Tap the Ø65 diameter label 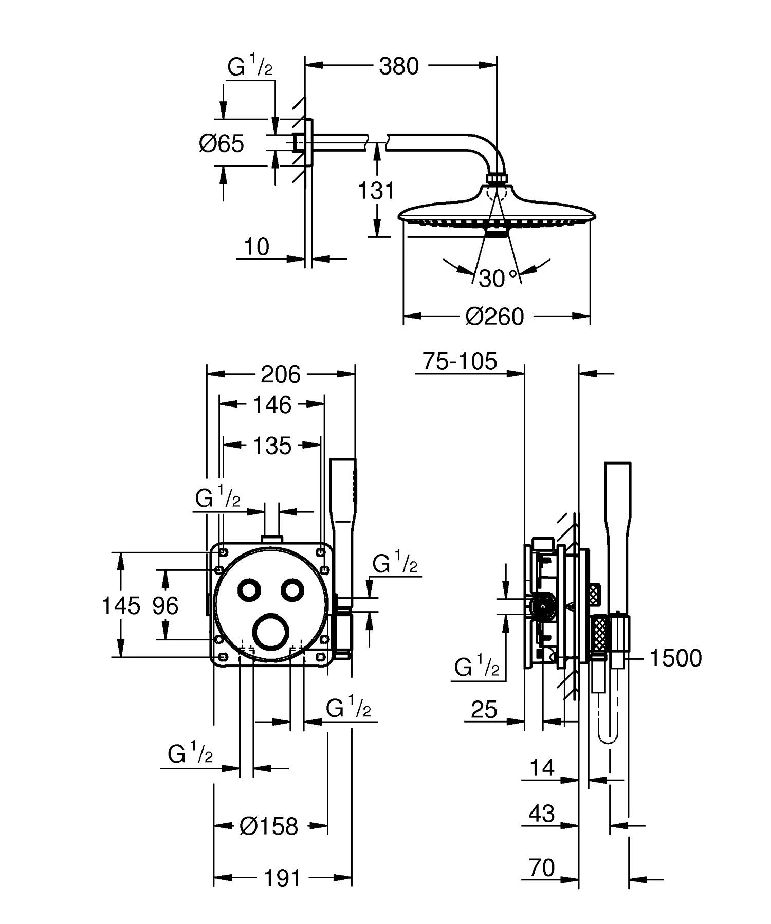coord(222,143)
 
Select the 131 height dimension coord(377,191)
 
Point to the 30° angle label coord(497,278)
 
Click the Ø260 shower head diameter coord(494,317)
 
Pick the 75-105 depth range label coord(460,361)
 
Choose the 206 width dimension coord(280,375)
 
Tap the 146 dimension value coord(272,405)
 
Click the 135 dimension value coord(272,446)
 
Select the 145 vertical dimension coord(121,605)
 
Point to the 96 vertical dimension coord(165,606)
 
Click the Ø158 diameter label coord(269,826)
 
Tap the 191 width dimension coord(282,878)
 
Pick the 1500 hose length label coord(675,658)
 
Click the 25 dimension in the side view coord(484,710)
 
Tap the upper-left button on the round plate coord(250,590)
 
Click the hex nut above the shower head coord(497,178)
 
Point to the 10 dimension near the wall coord(256,247)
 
